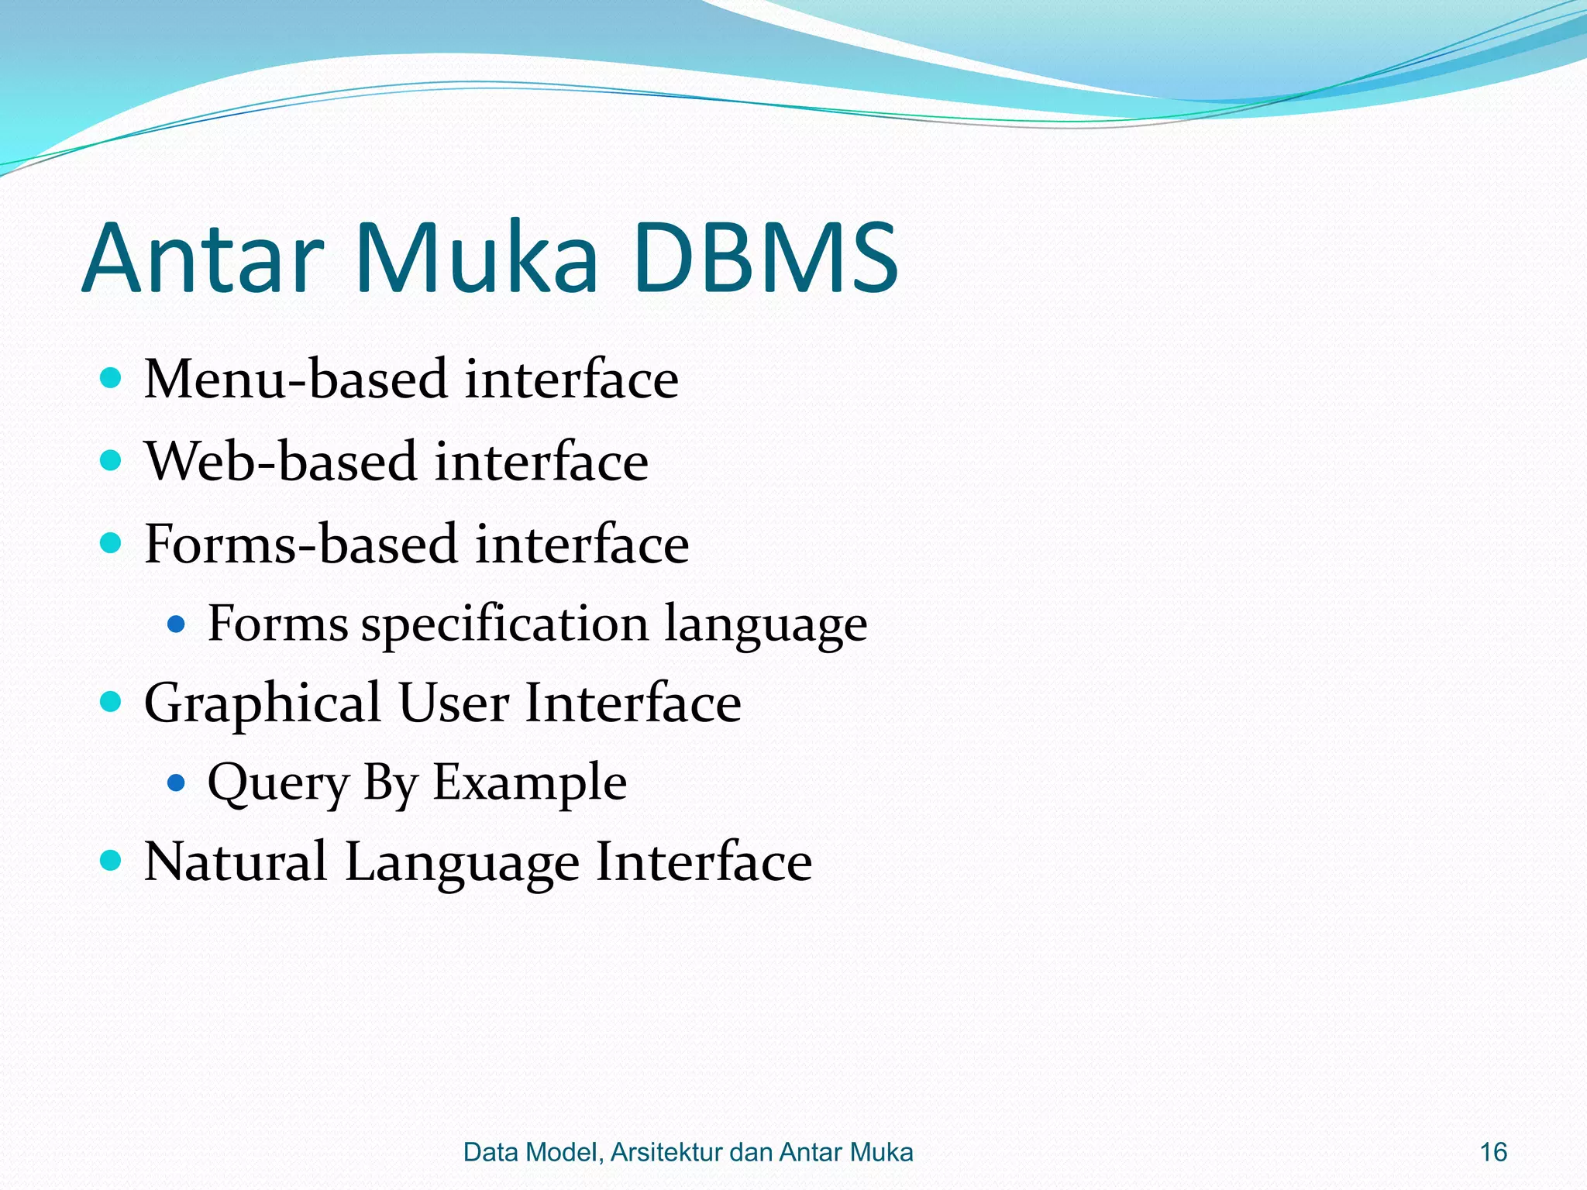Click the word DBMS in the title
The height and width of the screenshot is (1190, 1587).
[766, 258]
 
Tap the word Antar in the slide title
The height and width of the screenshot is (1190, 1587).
[203, 258]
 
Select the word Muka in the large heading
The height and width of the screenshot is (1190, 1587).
[476, 258]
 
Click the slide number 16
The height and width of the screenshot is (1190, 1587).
[1493, 1152]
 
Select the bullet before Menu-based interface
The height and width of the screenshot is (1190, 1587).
[112, 378]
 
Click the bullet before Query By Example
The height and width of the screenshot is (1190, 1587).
[177, 783]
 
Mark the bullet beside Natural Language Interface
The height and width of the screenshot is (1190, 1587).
[112, 860]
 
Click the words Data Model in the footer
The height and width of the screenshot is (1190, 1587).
[530, 1152]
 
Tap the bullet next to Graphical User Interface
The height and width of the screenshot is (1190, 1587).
[112, 702]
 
